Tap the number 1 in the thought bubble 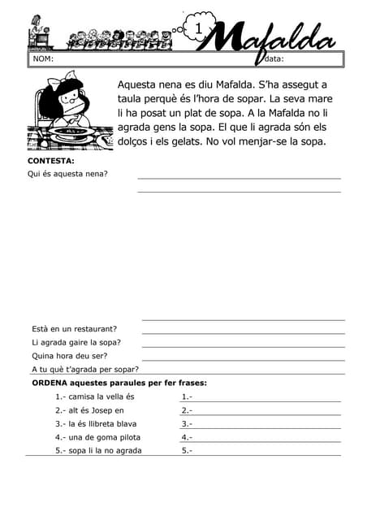[x=199, y=29]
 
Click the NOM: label [x=43, y=58]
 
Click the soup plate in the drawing [x=71, y=130]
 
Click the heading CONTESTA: [x=51, y=161]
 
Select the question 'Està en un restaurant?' [x=74, y=329]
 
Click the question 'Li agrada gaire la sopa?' [x=76, y=342]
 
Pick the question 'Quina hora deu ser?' [x=69, y=356]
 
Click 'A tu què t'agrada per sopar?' [x=85, y=369]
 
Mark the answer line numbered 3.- [x=260, y=424]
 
